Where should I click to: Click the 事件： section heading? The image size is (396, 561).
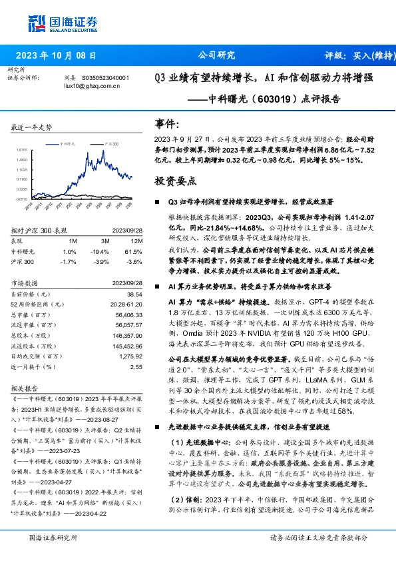point(168,125)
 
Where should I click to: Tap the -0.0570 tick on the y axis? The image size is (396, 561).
point(22,199)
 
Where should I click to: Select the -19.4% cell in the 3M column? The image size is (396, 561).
point(101,251)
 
